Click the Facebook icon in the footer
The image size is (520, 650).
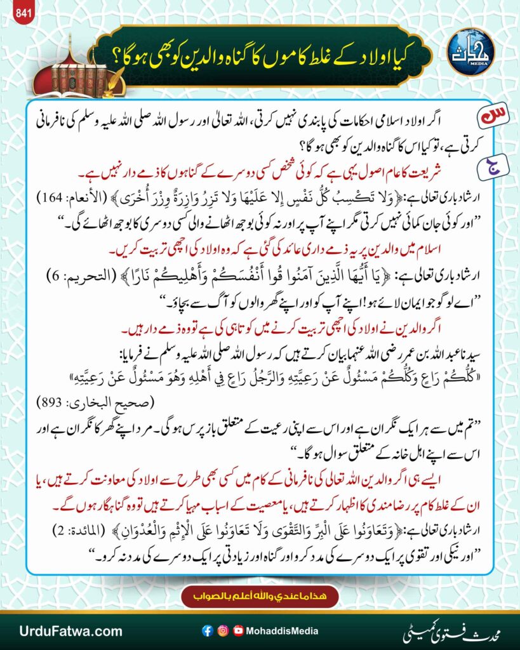point(206,631)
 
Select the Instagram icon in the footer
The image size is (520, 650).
point(222,631)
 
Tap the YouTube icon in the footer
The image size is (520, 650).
point(238,631)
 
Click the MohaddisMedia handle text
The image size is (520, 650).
point(282,631)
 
